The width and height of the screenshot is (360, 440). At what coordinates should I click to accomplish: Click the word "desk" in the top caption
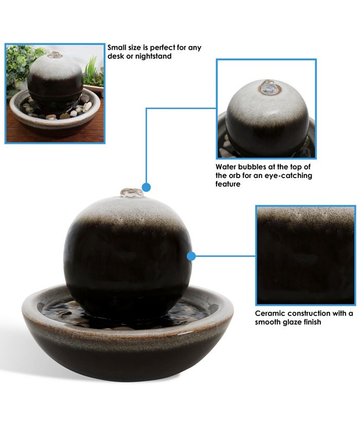(116, 56)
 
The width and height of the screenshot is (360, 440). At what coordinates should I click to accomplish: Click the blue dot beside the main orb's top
(147, 187)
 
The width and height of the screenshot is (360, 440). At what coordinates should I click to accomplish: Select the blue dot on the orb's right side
(191, 256)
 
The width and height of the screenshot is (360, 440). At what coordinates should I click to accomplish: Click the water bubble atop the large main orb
(132, 193)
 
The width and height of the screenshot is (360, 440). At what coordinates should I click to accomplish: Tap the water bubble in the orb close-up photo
(267, 87)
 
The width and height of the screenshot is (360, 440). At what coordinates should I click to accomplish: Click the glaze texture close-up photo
(305, 255)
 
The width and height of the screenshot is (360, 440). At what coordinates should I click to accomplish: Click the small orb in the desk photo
(55, 82)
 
